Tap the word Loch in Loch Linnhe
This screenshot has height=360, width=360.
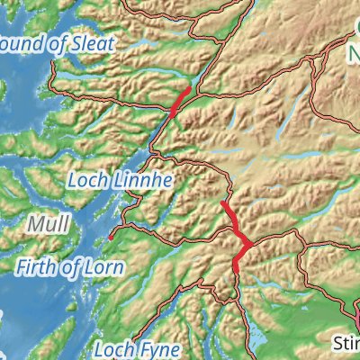[x=85, y=182]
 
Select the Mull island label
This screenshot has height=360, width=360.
[x=44, y=222]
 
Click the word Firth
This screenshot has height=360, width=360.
[x=38, y=266]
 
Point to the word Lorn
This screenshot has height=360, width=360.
[x=104, y=266]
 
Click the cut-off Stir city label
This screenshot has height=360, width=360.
[x=345, y=343]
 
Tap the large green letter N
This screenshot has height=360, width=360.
[x=353, y=58]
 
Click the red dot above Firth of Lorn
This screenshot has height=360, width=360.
[x=111, y=238]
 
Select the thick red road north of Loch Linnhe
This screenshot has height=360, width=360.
[x=179, y=102]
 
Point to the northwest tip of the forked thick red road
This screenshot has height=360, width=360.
[x=222, y=204]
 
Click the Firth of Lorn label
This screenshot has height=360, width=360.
[x=70, y=266]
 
